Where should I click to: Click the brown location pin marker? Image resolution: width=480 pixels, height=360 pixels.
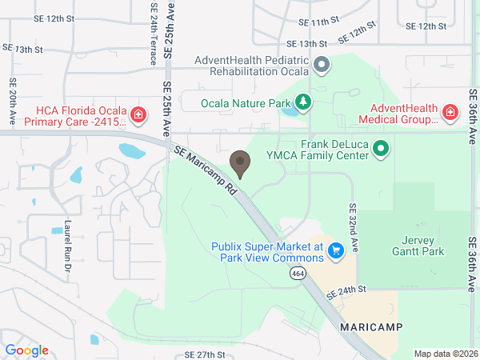pyautogui.click(x=239, y=162)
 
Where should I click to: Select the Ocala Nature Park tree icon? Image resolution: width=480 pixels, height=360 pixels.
pyautogui.click(x=302, y=102)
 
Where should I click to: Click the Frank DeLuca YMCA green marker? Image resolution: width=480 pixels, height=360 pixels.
pyautogui.click(x=381, y=148)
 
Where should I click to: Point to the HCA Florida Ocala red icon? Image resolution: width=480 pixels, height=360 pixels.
pyautogui.click(x=138, y=115)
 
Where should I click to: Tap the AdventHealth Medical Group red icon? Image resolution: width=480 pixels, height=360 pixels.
pyautogui.click(x=450, y=113)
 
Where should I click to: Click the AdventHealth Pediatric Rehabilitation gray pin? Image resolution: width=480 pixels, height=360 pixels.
pyautogui.click(x=321, y=65)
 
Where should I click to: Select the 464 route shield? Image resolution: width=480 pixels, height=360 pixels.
pyautogui.click(x=296, y=274)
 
